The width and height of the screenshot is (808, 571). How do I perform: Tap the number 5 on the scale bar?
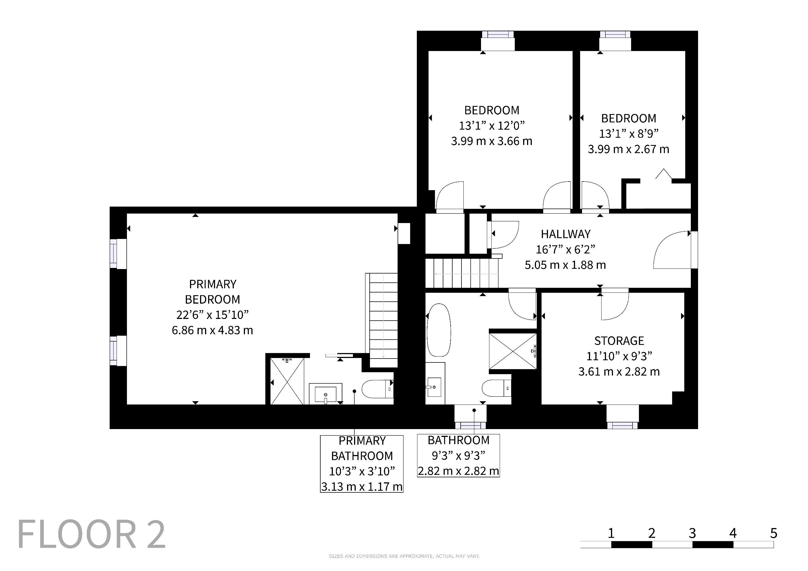click(773, 533)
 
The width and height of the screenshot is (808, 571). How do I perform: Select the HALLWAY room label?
click(566, 234)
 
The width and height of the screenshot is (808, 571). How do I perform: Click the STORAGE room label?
click(619, 341)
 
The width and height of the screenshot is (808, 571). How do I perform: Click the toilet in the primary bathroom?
click(377, 389)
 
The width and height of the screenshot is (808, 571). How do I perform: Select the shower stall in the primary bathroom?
click(287, 381)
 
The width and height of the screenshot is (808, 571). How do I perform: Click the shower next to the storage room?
click(513, 351)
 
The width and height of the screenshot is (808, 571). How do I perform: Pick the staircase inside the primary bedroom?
click(383, 320)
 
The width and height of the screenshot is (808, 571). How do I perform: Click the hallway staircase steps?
click(462, 273)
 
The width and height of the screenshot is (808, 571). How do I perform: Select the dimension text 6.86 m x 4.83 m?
click(212, 330)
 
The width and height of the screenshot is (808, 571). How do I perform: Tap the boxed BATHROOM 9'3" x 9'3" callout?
click(458, 455)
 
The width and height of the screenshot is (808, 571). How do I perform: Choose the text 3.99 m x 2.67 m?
click(629, 149)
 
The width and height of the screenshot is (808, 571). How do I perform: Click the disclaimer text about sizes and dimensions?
click(404, 556)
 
